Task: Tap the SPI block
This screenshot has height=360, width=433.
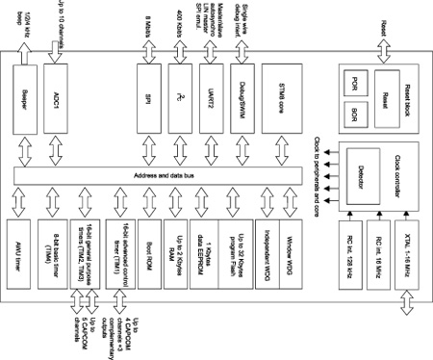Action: [x=147, y=99]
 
